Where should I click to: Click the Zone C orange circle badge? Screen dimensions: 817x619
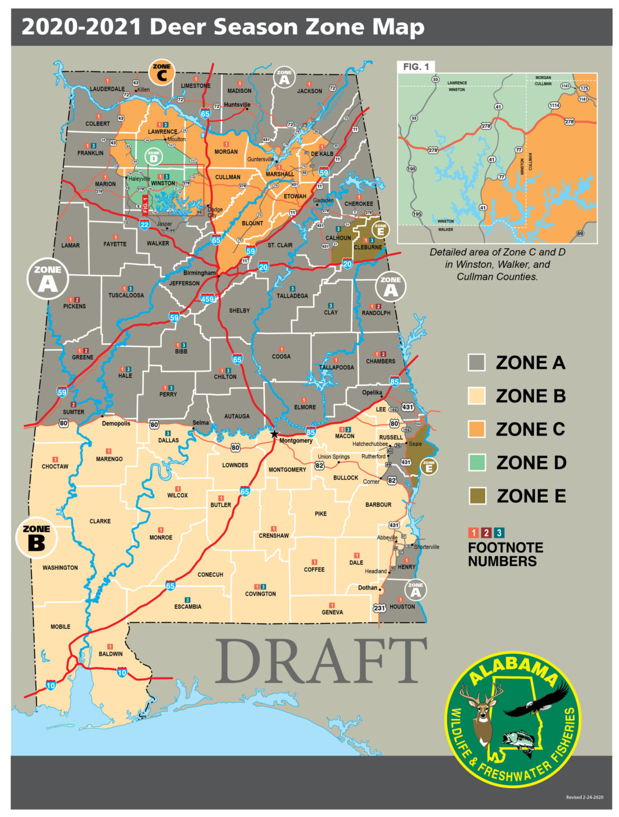click(162, 72)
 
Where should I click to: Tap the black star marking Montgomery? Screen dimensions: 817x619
click(274, 433)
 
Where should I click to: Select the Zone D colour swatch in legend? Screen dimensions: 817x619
click(476, 463)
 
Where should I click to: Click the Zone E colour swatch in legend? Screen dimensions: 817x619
click(476, 496)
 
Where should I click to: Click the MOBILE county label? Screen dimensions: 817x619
click(60, 627)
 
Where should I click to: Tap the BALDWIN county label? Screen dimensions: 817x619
click(110, 654)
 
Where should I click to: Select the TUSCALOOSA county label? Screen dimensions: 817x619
click(126, 296)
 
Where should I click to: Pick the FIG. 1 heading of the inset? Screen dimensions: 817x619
click(416, 67)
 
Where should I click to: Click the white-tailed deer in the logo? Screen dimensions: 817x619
click(481, 713)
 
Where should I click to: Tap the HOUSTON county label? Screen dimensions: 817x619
click(402, 607)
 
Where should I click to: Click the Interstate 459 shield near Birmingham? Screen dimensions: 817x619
click(207, 299)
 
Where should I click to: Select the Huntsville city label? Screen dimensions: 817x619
click(237, 105)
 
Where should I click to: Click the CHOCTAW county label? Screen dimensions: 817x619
click(55, 466)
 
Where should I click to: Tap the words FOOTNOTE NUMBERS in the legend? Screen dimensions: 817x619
click(505, 554)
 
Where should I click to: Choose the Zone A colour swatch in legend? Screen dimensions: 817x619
click(476, 363)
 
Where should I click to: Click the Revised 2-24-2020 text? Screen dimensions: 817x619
click(584, 797)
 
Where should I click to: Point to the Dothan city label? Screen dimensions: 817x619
click(367, 588)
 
